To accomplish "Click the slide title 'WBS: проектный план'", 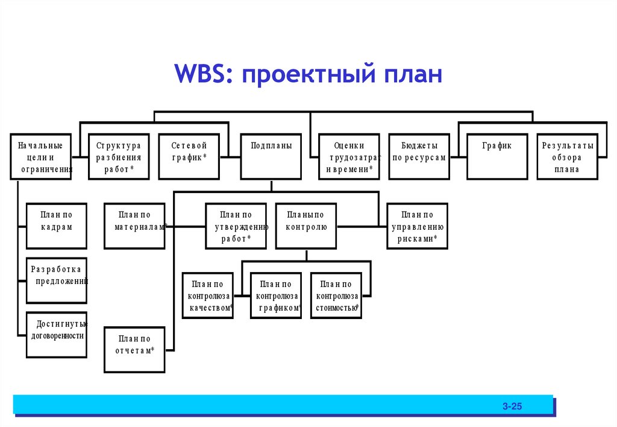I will point(308,76).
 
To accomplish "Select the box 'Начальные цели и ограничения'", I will point(40,157).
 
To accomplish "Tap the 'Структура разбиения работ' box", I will point(119,157).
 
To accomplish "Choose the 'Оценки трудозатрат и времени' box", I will point(349,157).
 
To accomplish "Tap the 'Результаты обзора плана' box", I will point(567,157).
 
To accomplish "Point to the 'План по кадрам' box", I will point(57,226).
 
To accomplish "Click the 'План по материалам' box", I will point(134,226).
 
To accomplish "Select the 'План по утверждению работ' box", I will point(236,226).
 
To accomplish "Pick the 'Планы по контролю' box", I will point(306,226).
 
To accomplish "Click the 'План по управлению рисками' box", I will point(417,226).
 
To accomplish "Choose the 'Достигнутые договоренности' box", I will point(57,335).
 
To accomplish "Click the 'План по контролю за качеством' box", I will point(208,296).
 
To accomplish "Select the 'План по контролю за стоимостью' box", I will point(336,296).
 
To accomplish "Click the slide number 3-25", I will point(512,406).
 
